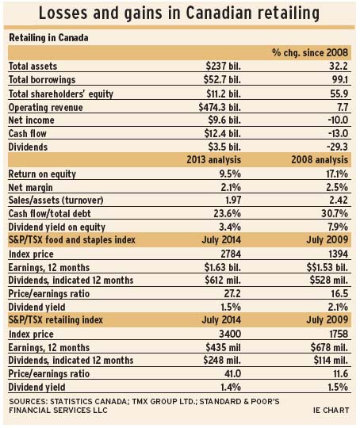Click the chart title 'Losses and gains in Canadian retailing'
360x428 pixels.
point(179,13)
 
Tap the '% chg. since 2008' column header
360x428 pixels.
point(310,52)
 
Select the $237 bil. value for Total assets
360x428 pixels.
point(224,66)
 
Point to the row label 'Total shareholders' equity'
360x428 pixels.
point(61,94)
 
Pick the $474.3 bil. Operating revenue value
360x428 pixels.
point(220,107)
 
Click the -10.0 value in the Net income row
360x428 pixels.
point(338,120)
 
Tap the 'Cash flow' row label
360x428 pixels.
point(27,133)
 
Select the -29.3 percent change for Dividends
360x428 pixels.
point(337,147)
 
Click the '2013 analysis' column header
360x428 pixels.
point(214,159)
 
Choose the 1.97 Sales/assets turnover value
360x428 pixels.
point(233,200)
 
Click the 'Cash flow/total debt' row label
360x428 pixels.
point(49,213)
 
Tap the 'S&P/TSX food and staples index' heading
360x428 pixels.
point(72,240)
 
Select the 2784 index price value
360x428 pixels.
point(231,254)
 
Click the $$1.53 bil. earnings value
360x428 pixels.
point(327,268)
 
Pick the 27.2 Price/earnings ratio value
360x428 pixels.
point(232,294)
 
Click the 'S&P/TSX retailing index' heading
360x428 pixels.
point(56,320)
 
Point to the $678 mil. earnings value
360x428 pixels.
point(329,347)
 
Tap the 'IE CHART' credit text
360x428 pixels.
point(331,411)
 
